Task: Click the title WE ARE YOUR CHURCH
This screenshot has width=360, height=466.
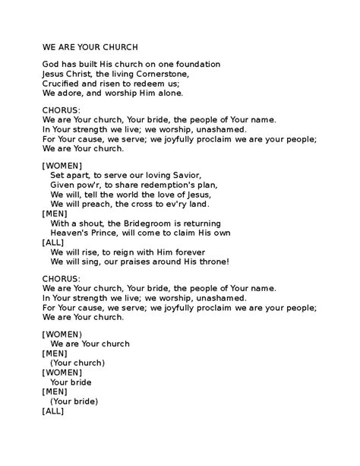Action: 90,47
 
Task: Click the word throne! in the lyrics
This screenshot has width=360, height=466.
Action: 210,262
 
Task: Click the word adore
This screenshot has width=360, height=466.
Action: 71,94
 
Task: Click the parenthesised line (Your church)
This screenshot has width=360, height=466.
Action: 77,362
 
